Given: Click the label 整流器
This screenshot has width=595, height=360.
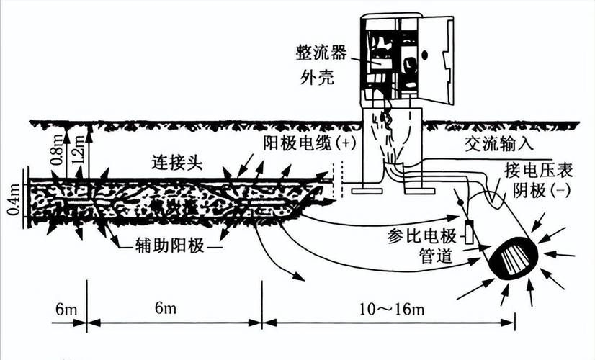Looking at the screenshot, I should (x=321, y=53).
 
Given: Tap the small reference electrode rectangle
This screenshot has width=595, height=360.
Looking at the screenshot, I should (x=469, y=232).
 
